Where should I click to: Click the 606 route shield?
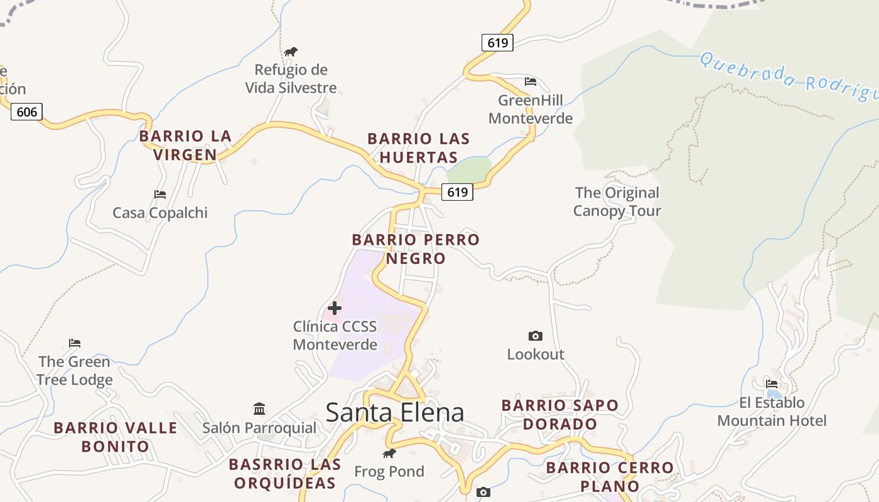[x=27, y=112]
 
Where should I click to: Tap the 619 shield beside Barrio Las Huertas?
[x=457, y=192]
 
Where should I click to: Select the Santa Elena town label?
[x=395, y=412]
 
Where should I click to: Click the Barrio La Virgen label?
[x=186, y=145]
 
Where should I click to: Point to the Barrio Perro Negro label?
[x=416, y=248]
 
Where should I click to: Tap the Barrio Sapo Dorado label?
[x=560, y=414]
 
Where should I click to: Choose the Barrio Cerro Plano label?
[x=610, y=476]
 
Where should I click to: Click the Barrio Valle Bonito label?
[x=116, y=437]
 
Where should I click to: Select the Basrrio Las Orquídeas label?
[x=285, y=473]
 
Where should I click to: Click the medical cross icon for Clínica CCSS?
[x=335, y=308]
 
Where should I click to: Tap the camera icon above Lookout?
[x=536, y=336]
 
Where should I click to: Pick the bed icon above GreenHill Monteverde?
[x=531, y=82]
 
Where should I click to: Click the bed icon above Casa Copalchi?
[x=160, y=195]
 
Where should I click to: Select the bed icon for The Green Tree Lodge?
[x=75, y=343]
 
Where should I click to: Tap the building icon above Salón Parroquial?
[x=259, y=409]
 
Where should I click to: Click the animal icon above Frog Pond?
[x=389, y=453]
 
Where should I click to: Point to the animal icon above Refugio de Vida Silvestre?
[x=291, y=51]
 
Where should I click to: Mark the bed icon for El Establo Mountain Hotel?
[x=772, y=384]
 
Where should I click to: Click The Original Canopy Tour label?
[x=617, y=201]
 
